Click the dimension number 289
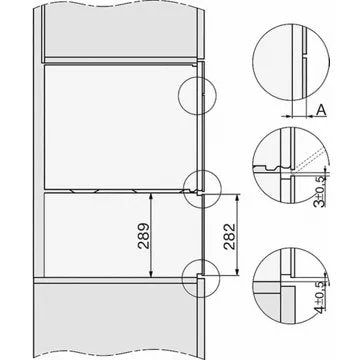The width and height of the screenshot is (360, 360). click(144, 236)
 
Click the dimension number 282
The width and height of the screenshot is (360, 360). click(230, 237)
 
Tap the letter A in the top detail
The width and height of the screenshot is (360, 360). click(321, 110)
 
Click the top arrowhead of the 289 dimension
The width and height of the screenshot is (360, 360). click(151, 198)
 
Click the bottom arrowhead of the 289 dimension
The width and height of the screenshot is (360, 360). click(151, 273)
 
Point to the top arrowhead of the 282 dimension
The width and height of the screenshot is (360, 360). click(237, 198)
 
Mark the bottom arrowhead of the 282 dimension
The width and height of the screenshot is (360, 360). click(237, 271)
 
